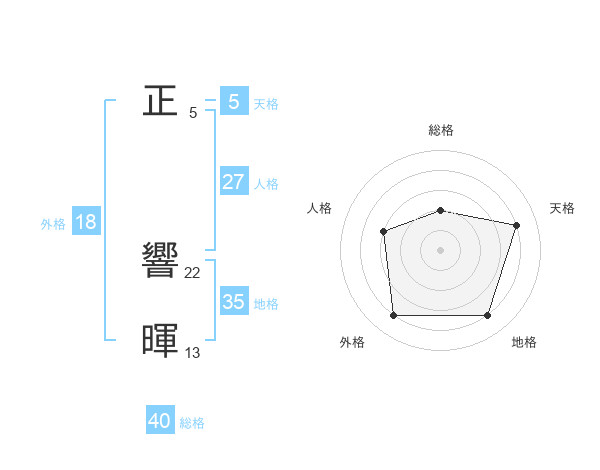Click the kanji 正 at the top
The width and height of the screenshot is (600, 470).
pos(160,100)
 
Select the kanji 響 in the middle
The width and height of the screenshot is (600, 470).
pos(160,262)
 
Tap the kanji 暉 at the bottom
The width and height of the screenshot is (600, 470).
pos(160,340)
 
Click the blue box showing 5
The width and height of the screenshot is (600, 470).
pos(233,102)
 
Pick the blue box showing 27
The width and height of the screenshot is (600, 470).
pos(233,182)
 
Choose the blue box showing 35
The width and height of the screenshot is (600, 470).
pos(233,302)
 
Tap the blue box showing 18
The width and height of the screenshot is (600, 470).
pos(86,222)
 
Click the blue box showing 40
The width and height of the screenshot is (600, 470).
pos(160,421)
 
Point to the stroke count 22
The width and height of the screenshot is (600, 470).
pos(193,273)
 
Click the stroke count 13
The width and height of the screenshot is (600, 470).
pos(193,352)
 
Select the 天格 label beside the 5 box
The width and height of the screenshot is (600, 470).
pos(266,104)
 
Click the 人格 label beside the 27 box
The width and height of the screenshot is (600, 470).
pos(266,184)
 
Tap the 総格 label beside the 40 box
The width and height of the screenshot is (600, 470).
pos(193,423)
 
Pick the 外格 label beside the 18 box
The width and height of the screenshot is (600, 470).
pos(53,224)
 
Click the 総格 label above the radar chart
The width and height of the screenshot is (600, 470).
pos(440,130)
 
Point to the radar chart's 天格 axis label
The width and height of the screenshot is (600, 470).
pos(563,208)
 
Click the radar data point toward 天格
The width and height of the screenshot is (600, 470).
pos(517,225)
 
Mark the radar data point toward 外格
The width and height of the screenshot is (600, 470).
pos(393,316)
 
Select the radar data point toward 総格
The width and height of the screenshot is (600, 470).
pos(440,210)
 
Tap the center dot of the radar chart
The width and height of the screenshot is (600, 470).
pos(440,250)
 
